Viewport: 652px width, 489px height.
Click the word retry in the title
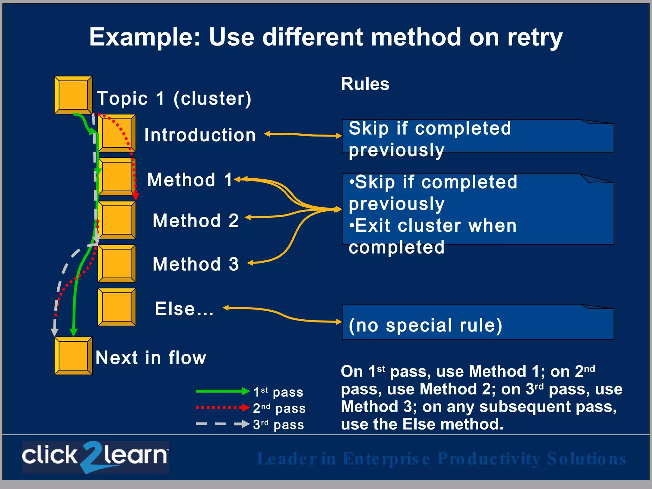(535, 38)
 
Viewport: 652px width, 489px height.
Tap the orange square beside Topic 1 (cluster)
(73, 95)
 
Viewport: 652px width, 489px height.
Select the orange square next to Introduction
(117, 133)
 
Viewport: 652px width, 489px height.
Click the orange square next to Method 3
(117, 264)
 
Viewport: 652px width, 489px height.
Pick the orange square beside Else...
(117, 307)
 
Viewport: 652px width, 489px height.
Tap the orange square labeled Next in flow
(73, 356)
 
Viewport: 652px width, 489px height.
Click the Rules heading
(365, 84)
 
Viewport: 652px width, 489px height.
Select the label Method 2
(195, 220)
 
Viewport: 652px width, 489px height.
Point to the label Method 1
(190, 180)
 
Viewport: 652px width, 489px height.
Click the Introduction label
(200, 135)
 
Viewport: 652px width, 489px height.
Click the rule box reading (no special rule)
(478, 322)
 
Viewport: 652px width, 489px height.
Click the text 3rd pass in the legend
(278, 425)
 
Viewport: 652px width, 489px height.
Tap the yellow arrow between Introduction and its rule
(302, 135)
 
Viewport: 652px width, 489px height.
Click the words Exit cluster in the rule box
(404, 226)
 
